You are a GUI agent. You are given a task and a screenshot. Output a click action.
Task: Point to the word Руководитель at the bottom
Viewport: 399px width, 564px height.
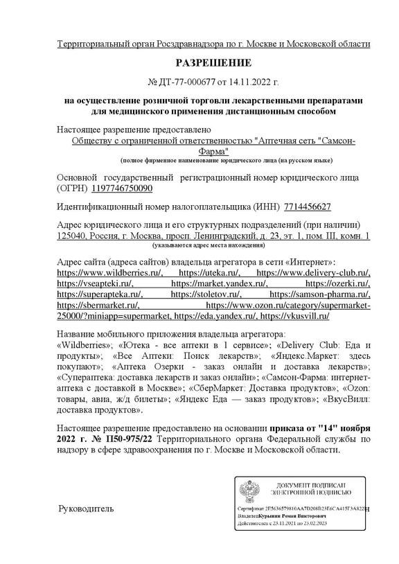[85, 509]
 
